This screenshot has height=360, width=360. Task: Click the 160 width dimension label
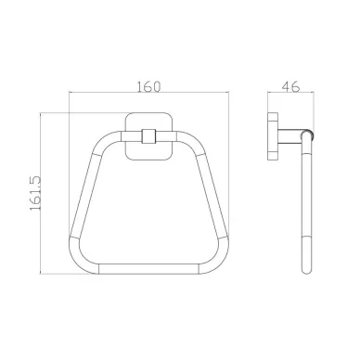[148, 86]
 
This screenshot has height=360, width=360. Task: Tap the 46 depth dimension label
[290, 86]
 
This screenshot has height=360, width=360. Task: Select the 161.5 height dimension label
[35, 193]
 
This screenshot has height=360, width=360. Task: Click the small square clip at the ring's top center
[148, 136]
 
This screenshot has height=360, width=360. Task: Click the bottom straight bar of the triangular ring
[148, 269]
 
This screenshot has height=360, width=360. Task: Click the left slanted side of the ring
[86, 195]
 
